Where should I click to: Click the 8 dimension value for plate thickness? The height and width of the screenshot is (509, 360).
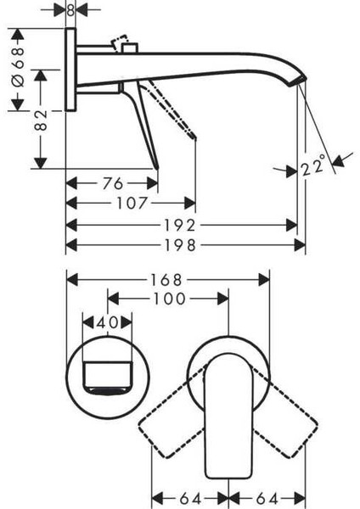[71, 11]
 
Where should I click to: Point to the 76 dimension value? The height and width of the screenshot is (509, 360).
[110, 183]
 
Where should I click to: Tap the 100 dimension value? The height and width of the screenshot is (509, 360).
[169, 299]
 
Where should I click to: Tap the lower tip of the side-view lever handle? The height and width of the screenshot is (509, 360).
[155, 166]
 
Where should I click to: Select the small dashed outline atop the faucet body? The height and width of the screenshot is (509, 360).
[123, 42]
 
